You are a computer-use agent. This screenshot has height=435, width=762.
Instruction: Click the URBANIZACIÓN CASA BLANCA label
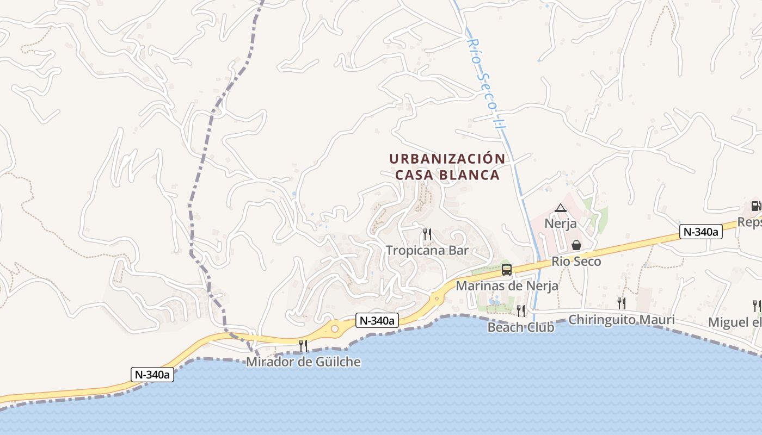click(x=447, y=166)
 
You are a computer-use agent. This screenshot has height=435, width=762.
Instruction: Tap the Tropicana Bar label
click(x=427, y=251)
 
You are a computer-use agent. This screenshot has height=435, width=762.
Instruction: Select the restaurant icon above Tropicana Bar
click(x=427, y=234)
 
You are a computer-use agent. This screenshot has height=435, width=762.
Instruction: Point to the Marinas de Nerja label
click(x=507, y=285)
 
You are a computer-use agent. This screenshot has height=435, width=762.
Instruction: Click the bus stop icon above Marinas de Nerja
click(x=507, y=269)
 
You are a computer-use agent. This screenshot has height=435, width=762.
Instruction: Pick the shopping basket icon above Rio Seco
click(x=576, y=245)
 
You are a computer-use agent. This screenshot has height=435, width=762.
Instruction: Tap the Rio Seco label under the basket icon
click(x=576, y=262)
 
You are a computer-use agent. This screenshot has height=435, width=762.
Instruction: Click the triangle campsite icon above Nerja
click(x=561, y=207)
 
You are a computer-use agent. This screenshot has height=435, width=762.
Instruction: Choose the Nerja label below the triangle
click(x=561, y=223)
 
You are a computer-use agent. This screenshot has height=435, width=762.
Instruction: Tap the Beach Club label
click(x=521, y=327)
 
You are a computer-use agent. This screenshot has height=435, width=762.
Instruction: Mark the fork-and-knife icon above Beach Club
click(x=521, y=310)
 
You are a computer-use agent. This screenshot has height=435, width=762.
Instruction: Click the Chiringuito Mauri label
click(x=621, y=319)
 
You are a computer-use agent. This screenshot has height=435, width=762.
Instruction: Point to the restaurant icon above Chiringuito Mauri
click(x=621, y=303)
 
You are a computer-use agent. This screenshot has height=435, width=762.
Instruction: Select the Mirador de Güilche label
click(x=303, y=362)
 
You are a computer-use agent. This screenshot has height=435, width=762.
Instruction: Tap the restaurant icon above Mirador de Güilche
click(x=303, y=345)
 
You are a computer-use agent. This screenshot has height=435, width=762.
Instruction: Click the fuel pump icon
click(x=756, y=206)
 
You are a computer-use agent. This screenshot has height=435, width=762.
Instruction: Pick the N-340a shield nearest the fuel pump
click(x=700, y=232)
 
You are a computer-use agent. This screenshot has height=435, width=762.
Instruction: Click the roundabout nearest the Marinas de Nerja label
click(x=436, y=298)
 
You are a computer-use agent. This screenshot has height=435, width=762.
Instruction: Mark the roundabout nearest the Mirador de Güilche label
click(x=334, y=328)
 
